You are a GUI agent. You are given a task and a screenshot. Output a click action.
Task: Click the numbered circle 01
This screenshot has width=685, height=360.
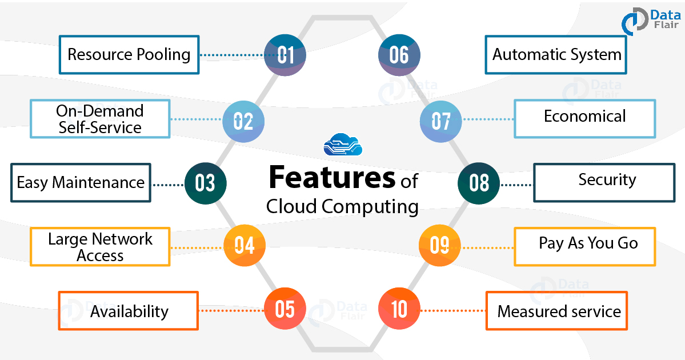click(285, 55)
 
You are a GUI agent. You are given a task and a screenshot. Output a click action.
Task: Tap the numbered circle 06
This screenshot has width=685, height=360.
click(399, 55)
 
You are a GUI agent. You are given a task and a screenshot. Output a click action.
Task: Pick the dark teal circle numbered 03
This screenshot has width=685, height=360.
click(205, 183)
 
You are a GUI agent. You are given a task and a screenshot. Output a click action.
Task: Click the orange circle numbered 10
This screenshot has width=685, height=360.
click(399, 309)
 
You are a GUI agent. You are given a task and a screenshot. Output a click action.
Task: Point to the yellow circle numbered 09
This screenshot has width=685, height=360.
click(440, 245)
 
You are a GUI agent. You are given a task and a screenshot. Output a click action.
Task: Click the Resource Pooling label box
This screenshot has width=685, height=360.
click(129, 55)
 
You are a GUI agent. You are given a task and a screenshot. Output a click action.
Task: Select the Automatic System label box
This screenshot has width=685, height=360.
click(556, 55)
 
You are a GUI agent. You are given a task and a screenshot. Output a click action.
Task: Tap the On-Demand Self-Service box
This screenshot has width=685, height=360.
click(100, 119)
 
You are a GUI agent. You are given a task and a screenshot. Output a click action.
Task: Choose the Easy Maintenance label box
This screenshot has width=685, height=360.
click(81, 183)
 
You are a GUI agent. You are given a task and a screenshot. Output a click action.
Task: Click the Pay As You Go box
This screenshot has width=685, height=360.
click(585, 246)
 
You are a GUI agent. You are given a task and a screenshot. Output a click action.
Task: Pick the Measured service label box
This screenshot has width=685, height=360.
click(556, 311)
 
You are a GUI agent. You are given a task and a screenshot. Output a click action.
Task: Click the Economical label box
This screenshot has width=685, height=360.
click(585, 118)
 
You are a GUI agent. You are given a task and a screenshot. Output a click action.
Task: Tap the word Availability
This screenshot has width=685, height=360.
click(129, 311)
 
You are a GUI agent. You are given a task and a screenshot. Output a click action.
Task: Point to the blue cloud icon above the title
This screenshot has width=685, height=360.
click(343, 145)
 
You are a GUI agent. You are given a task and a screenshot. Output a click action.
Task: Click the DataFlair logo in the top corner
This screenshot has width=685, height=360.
click(649, 21)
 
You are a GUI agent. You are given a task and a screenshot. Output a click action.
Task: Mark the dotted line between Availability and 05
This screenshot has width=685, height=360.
click(231, 311)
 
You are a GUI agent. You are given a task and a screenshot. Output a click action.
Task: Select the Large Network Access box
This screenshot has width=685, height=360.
click(100, 247)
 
